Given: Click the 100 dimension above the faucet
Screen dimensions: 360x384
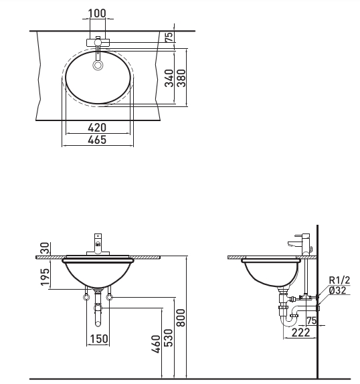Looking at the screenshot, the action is tap(97, 13).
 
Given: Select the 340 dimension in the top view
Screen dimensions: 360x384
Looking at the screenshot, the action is tap(169, 78).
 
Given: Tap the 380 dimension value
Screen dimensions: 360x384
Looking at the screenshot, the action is tap(181, 78).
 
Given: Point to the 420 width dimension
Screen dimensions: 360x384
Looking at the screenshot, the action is tap(97, 128).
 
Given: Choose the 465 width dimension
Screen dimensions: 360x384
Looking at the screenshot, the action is tap(97, 140).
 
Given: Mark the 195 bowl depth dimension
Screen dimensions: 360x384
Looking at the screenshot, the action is tap(45, 277).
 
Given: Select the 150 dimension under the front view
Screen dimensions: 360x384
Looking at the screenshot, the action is tap(98, 339).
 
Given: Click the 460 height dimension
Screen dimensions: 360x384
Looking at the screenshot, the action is tap(156, 345).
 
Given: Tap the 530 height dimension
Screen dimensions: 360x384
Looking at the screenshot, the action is tap(168, 338).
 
